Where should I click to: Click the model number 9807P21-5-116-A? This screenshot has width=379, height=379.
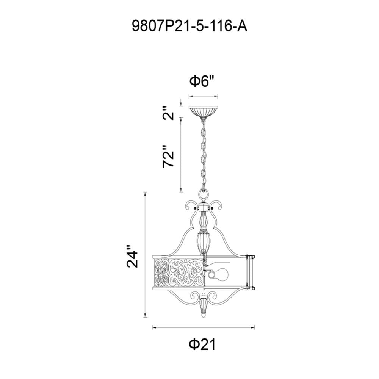click(x=189, y=26)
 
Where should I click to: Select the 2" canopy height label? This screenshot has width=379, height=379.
click(x=168, y=113)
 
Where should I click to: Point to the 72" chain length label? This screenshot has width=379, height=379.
click(x=168, y=157)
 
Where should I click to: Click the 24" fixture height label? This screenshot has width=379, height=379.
click(x=132, y=256)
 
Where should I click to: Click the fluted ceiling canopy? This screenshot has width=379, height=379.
click(x=203, y=112)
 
